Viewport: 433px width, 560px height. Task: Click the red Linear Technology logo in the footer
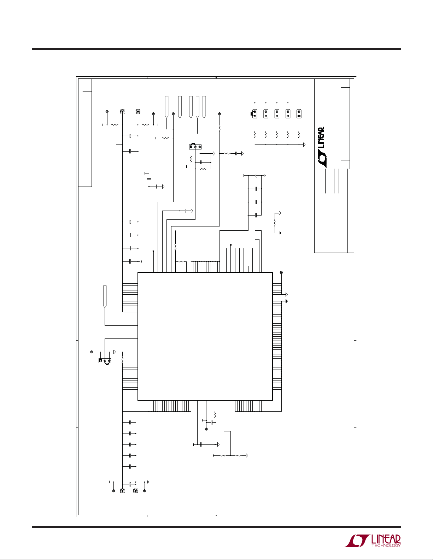point(373,541)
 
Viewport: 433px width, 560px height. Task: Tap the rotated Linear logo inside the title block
point(321,147)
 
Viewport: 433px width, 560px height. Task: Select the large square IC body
point(205,336)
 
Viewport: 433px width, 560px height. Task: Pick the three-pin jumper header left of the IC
point(105,361)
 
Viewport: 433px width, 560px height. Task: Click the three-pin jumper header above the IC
point(195,147)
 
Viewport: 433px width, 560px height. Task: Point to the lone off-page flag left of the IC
point(105,296)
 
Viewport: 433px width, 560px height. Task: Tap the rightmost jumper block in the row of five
point(299,114)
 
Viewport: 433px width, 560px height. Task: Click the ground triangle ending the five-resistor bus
point(304,145)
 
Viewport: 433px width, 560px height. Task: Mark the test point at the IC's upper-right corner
point(281,272)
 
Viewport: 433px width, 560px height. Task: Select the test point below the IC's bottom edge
point(206,429)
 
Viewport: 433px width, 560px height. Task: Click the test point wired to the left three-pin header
point(92,352)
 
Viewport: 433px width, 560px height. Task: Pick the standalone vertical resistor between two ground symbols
point(275,223)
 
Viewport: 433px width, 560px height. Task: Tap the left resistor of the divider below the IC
point(223,456)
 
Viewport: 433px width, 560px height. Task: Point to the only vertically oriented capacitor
point(149,178)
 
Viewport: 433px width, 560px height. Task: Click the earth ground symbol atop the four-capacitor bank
point(264,176)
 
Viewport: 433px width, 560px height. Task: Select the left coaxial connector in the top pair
point(123,112)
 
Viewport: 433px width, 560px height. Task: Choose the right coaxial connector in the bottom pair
point(136,491)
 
